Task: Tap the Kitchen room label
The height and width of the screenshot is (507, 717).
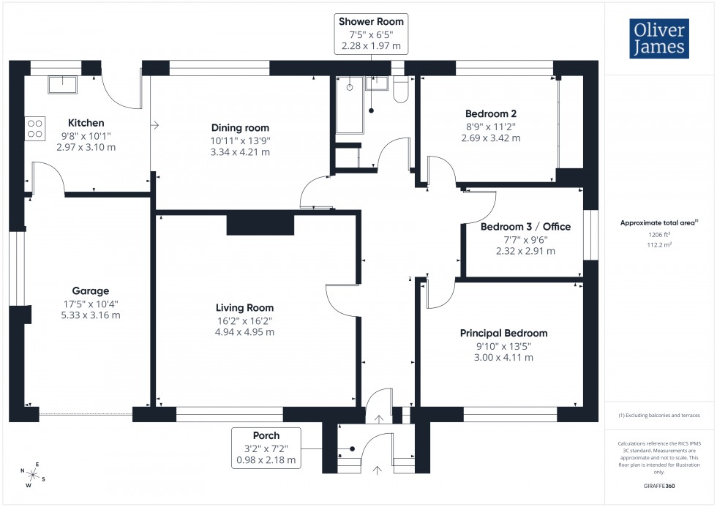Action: [x=86, y=123]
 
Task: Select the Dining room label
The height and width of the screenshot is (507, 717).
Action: [x=241, y=128]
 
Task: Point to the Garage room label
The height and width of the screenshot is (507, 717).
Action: [x=90, y=290]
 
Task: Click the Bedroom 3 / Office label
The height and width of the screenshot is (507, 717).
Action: [x=525, y=227]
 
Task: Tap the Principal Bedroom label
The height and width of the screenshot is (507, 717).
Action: [x=503, y=333]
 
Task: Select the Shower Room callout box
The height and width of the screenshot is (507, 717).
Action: [x=371, y=34]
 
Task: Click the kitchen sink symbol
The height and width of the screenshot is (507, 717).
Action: [x=64, y=85]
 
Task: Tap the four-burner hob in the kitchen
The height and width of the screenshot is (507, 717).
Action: [x=35, y=129]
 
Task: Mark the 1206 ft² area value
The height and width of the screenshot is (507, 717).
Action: [x=659, y=236]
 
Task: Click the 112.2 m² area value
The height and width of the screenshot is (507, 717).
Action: [x=659, y=246]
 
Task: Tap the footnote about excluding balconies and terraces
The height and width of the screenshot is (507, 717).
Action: [x=659, y=415]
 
